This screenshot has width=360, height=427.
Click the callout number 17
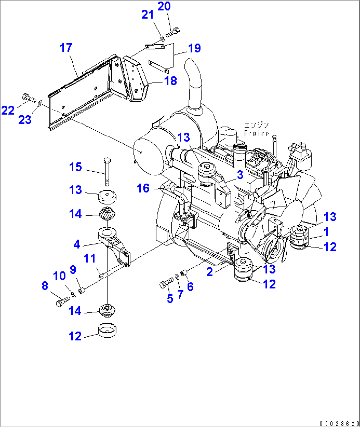66,48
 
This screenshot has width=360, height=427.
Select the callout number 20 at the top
164,6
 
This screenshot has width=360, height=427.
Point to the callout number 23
25,120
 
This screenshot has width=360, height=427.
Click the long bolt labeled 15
107,172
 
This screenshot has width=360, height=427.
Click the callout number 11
90,258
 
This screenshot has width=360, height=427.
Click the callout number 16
143,188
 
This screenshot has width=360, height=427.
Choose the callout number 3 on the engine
240,175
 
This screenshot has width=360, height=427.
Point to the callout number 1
326,232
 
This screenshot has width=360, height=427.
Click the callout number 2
210,272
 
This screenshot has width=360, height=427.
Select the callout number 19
195,48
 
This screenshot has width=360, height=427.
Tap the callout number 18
170,81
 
